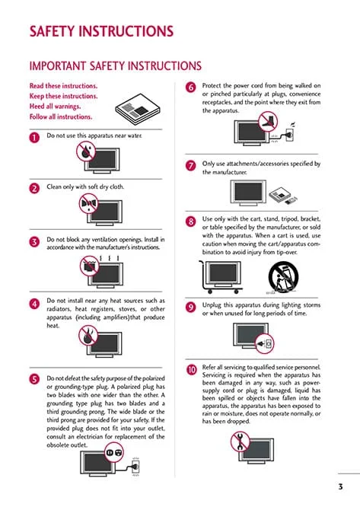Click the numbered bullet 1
point(34,137)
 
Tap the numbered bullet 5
point(34,379)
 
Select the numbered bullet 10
point(191,369)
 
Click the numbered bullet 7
point(190,165)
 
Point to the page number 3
point(340,486)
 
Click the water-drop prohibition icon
point(86,151)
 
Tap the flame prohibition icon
point(88,336)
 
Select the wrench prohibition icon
point(240,441)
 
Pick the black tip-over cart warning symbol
point(283,277)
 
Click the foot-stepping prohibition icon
point(269,121)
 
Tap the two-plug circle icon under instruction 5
point(114,452)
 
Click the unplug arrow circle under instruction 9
point(265,343)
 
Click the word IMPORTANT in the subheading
point(58,66)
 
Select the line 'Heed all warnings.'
point(55,107)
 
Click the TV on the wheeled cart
point(223,274)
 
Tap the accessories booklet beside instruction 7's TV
point(283,196)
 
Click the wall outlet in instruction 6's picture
point(290,134)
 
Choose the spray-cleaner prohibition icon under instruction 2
point(89,203)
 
